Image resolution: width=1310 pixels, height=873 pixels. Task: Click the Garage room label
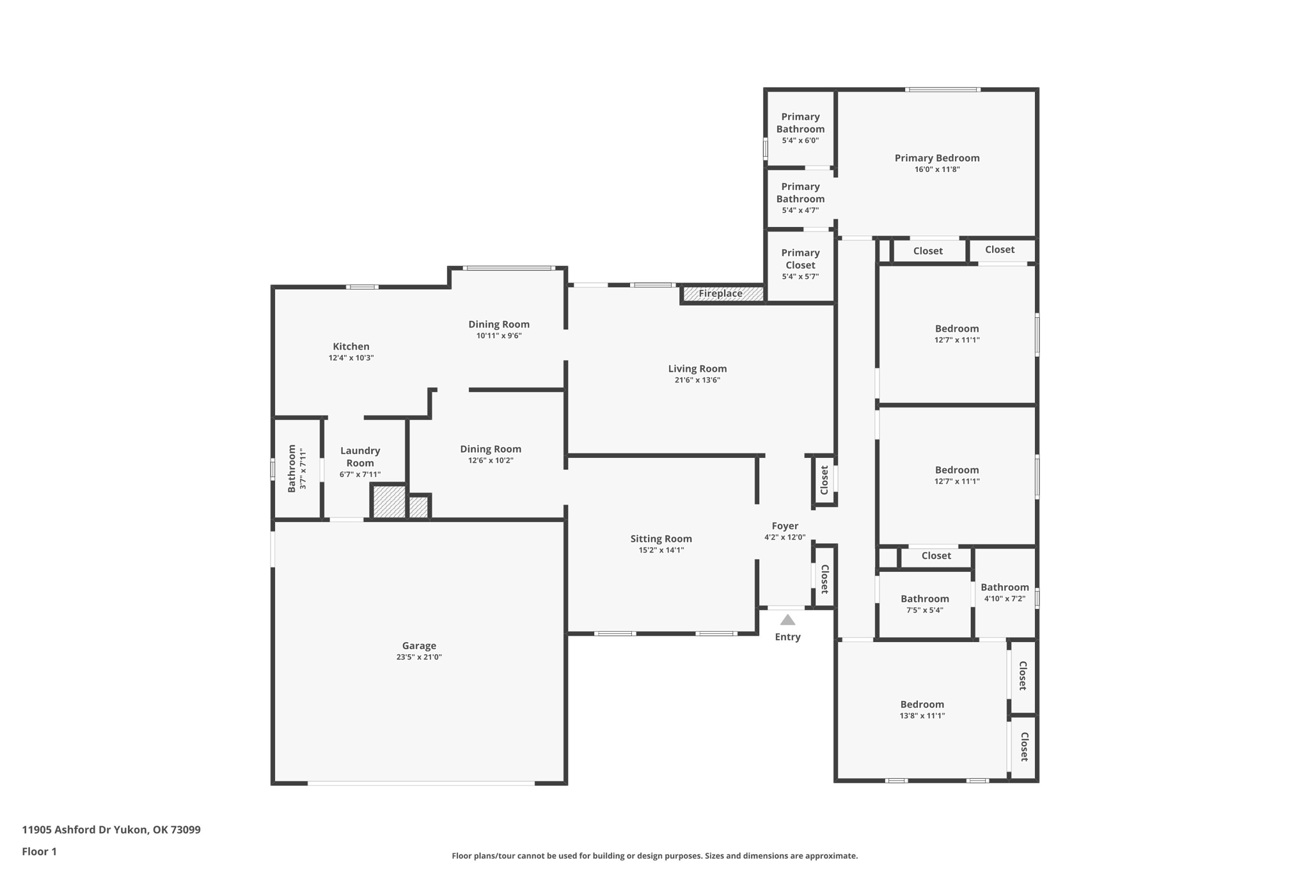click(419, 646)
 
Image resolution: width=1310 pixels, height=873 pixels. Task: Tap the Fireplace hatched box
click(723, 294)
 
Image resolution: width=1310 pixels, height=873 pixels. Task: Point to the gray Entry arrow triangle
click(787, 620)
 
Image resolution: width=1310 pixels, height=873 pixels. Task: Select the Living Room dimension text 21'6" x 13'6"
click(697, 380)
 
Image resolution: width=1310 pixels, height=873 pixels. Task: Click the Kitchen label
click(351, 347)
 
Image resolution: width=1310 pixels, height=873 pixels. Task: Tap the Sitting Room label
click(661, 539)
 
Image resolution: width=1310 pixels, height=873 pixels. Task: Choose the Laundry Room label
click(360, 457)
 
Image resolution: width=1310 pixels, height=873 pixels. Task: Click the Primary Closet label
click(800, 259)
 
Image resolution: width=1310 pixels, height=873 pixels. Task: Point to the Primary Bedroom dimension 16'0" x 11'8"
click(937, 169)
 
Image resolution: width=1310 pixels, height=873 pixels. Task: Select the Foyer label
click(785, 526)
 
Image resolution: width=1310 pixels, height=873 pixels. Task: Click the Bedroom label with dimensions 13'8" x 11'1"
click(922, 704)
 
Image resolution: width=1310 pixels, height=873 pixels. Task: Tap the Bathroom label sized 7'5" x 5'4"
click(925, 599)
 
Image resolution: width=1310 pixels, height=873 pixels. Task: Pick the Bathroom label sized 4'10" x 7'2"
click(1005, 587)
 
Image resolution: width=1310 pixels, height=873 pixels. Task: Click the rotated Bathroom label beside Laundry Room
click(292, 468)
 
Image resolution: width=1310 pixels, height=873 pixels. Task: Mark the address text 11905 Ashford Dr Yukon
click(86, 830)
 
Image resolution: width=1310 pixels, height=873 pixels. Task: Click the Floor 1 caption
click(39, 851)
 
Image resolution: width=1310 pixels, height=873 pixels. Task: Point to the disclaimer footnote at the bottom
click(654, 856)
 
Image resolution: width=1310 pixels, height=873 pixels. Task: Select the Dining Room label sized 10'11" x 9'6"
click(499, 324)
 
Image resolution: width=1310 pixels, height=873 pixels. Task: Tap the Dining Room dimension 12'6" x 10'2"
click(491, 460)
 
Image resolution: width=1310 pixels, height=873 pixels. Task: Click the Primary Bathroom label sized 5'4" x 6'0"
click(800, 123)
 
